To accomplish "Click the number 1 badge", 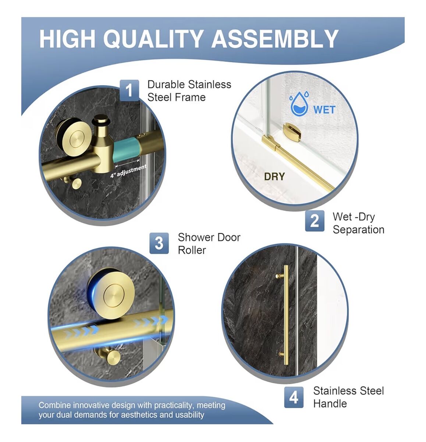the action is (x=129, y=90).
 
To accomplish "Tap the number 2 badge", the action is (x=315, y=221).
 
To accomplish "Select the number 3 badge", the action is (x=159, y=243).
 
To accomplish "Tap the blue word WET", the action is (x=324, y=110).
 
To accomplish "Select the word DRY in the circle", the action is (x=274, y=176).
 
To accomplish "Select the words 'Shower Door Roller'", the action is (x=209, y=243).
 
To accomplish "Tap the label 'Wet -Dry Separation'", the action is (x=358, y=223).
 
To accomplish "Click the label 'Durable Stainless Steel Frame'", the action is (x=189, y=91).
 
